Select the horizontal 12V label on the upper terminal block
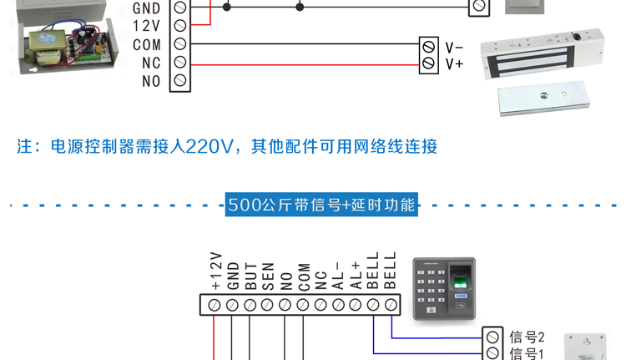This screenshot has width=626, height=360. (x=148, y=26)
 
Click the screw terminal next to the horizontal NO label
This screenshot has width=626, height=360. (x=179, y=81)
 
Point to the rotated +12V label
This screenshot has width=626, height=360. (x=215, y=271)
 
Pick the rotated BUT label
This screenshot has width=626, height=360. (x=251, y=276)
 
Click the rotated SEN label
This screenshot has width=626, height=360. (x=269, y=276)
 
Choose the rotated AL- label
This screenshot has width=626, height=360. (x=339, y=276)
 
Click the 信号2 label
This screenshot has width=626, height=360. (x=527, y=337)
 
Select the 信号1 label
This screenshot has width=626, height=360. (x=527, y=354)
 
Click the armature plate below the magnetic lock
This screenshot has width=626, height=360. (x=543, y=99)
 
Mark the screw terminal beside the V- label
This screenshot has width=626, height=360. (x=429, y=48)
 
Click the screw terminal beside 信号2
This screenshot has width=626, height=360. (x=492, y=337)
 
